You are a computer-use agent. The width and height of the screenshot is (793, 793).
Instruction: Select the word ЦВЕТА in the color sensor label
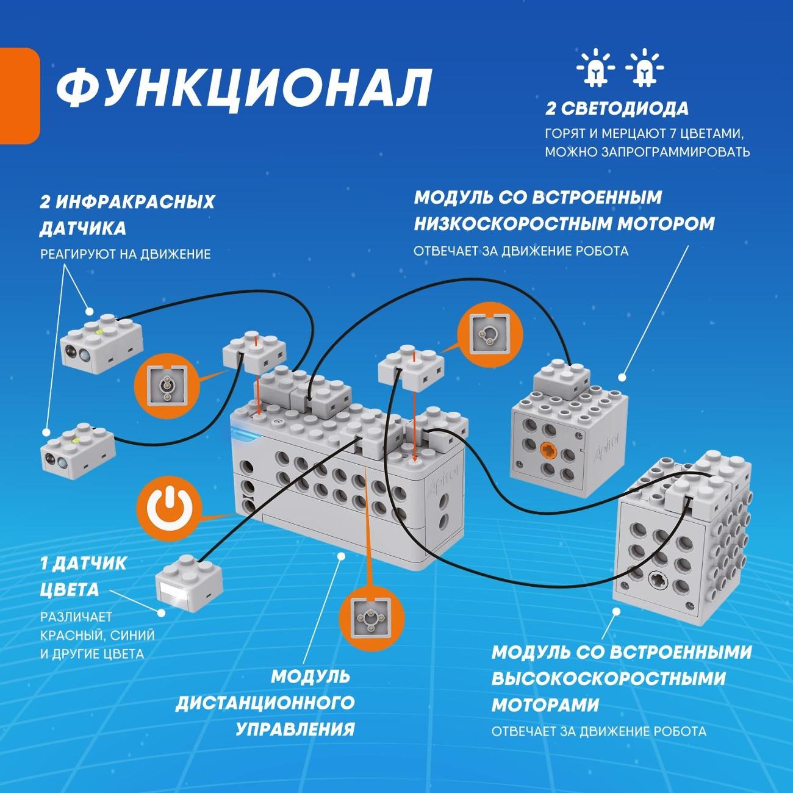point(70,590)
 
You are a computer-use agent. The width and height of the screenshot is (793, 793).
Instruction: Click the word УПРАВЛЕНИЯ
point(295,729)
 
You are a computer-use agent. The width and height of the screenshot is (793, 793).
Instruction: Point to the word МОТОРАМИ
point(545,705)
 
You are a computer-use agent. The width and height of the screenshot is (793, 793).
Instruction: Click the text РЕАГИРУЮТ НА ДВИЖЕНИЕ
point(126,254)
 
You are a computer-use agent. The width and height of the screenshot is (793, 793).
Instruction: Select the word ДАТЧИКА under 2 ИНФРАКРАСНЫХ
point(83,229)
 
